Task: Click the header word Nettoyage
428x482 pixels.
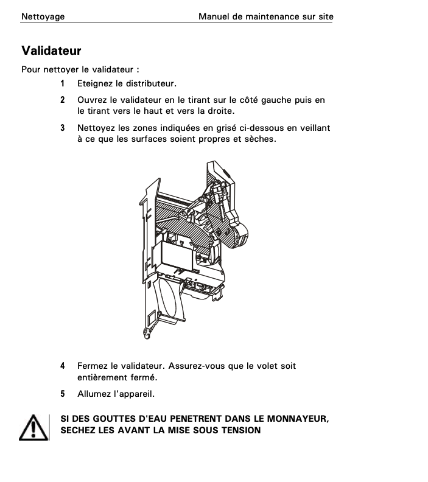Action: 43,16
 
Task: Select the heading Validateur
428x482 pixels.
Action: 51,51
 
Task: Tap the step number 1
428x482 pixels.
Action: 63,83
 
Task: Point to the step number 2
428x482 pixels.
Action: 63,100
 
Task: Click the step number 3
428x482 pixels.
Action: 63,128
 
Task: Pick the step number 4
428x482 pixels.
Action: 63,366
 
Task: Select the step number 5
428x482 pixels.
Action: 63,394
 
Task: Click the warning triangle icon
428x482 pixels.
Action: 33,428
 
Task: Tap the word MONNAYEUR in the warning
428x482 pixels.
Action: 298,419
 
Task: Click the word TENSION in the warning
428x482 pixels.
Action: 241,430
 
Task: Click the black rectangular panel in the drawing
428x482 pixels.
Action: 178,256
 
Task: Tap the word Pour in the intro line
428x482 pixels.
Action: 31,69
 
